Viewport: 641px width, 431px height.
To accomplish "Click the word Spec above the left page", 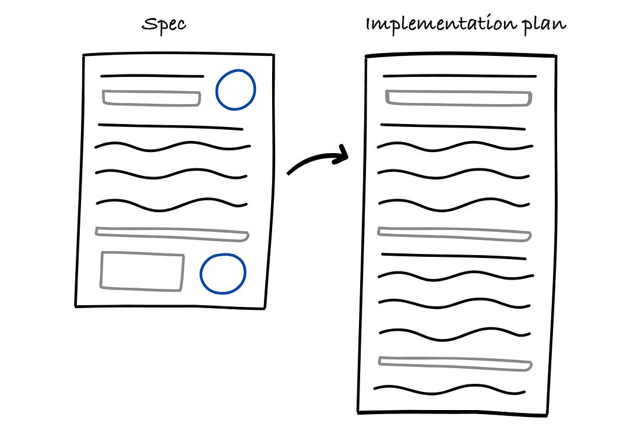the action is [x=164, y=24].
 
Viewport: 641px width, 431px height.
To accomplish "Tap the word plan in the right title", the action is [x=544, y=25].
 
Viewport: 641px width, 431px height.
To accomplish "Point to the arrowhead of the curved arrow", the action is [x=343, y=154].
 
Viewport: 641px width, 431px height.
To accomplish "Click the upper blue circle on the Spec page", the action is [x=235, y=90].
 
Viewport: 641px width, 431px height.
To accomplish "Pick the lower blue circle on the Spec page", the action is [x=223, y=273].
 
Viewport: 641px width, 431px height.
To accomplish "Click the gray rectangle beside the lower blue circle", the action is [x=142, y=271].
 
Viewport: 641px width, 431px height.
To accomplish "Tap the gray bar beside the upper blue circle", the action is [x=152, y=98].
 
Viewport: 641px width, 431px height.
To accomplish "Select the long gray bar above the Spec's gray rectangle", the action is [x=172, y=234].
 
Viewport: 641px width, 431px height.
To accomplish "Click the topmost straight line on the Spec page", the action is [x=152, y=76].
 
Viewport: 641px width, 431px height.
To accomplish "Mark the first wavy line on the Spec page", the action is [x=172, y=146].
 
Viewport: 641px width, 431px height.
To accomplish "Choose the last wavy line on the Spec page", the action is [x=172, y=205].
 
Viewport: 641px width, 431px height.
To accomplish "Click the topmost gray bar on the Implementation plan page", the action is [x=459, y=98].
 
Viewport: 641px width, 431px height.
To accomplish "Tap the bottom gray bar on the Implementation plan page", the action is [x=455, y=363].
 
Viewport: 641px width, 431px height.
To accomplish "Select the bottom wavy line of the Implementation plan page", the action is [x=450, y=390].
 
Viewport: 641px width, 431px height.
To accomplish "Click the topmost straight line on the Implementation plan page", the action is [x=460, y=76].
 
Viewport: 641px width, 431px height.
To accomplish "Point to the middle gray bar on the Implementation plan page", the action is [x=454, y=234].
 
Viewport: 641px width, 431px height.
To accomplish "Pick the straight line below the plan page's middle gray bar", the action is [x=454, y=256].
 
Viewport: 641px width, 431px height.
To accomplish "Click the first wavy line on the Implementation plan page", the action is [x=455, y=146].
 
